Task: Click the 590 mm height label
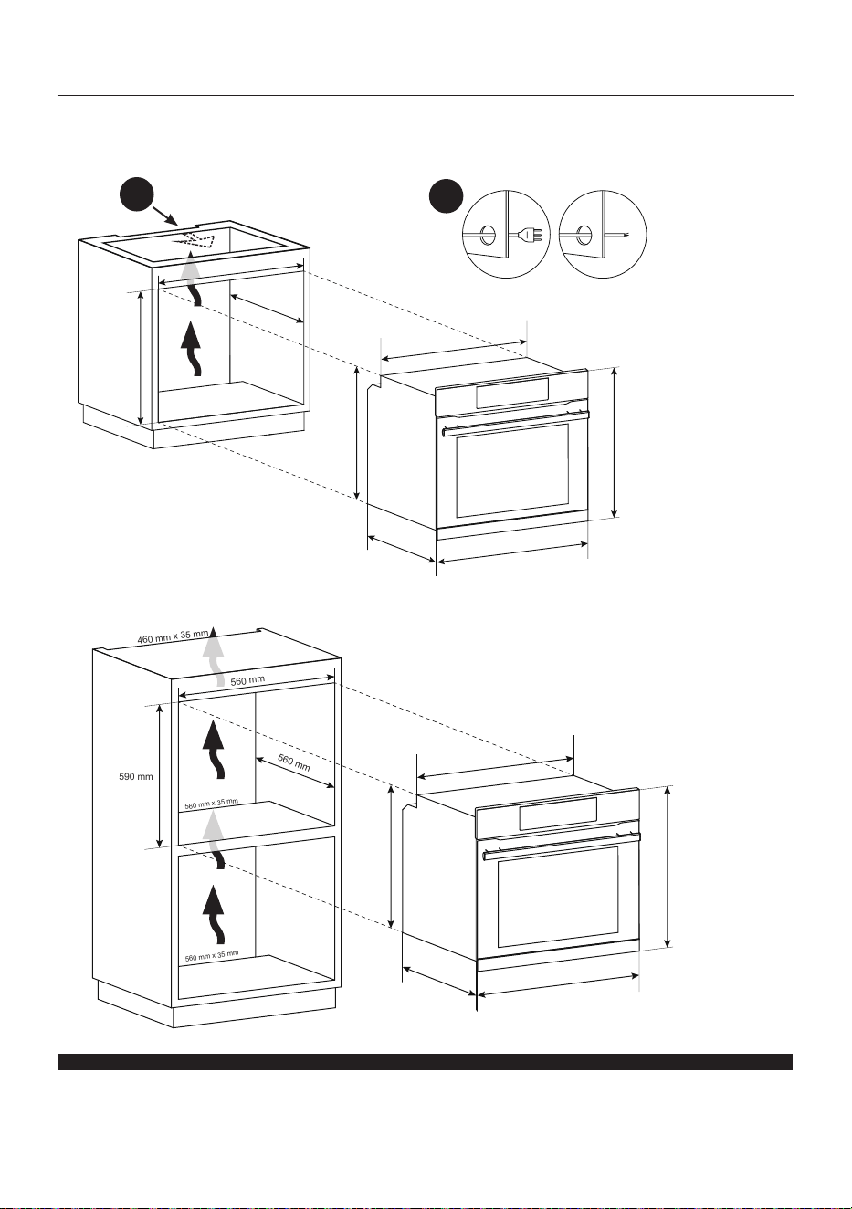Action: pos(135,777)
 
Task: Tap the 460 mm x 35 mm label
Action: pos(173,636)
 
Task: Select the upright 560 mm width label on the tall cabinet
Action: pos(247,680)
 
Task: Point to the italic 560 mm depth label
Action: pos(294,762)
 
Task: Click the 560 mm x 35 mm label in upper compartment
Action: pos(212,804)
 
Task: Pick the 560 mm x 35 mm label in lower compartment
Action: pos(212,955)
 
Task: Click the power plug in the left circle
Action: pos(530,235)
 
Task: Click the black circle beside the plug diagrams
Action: pos(446,196)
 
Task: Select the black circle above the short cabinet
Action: pos(137,194)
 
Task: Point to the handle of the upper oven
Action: pos(516,423)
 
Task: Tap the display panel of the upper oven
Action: pos(512,393)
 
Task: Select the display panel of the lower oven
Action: pos(558,814)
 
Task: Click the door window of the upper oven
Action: pos(512,470)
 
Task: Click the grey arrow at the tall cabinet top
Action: pos(215,656)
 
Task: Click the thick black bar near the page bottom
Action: pos(426,1062)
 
